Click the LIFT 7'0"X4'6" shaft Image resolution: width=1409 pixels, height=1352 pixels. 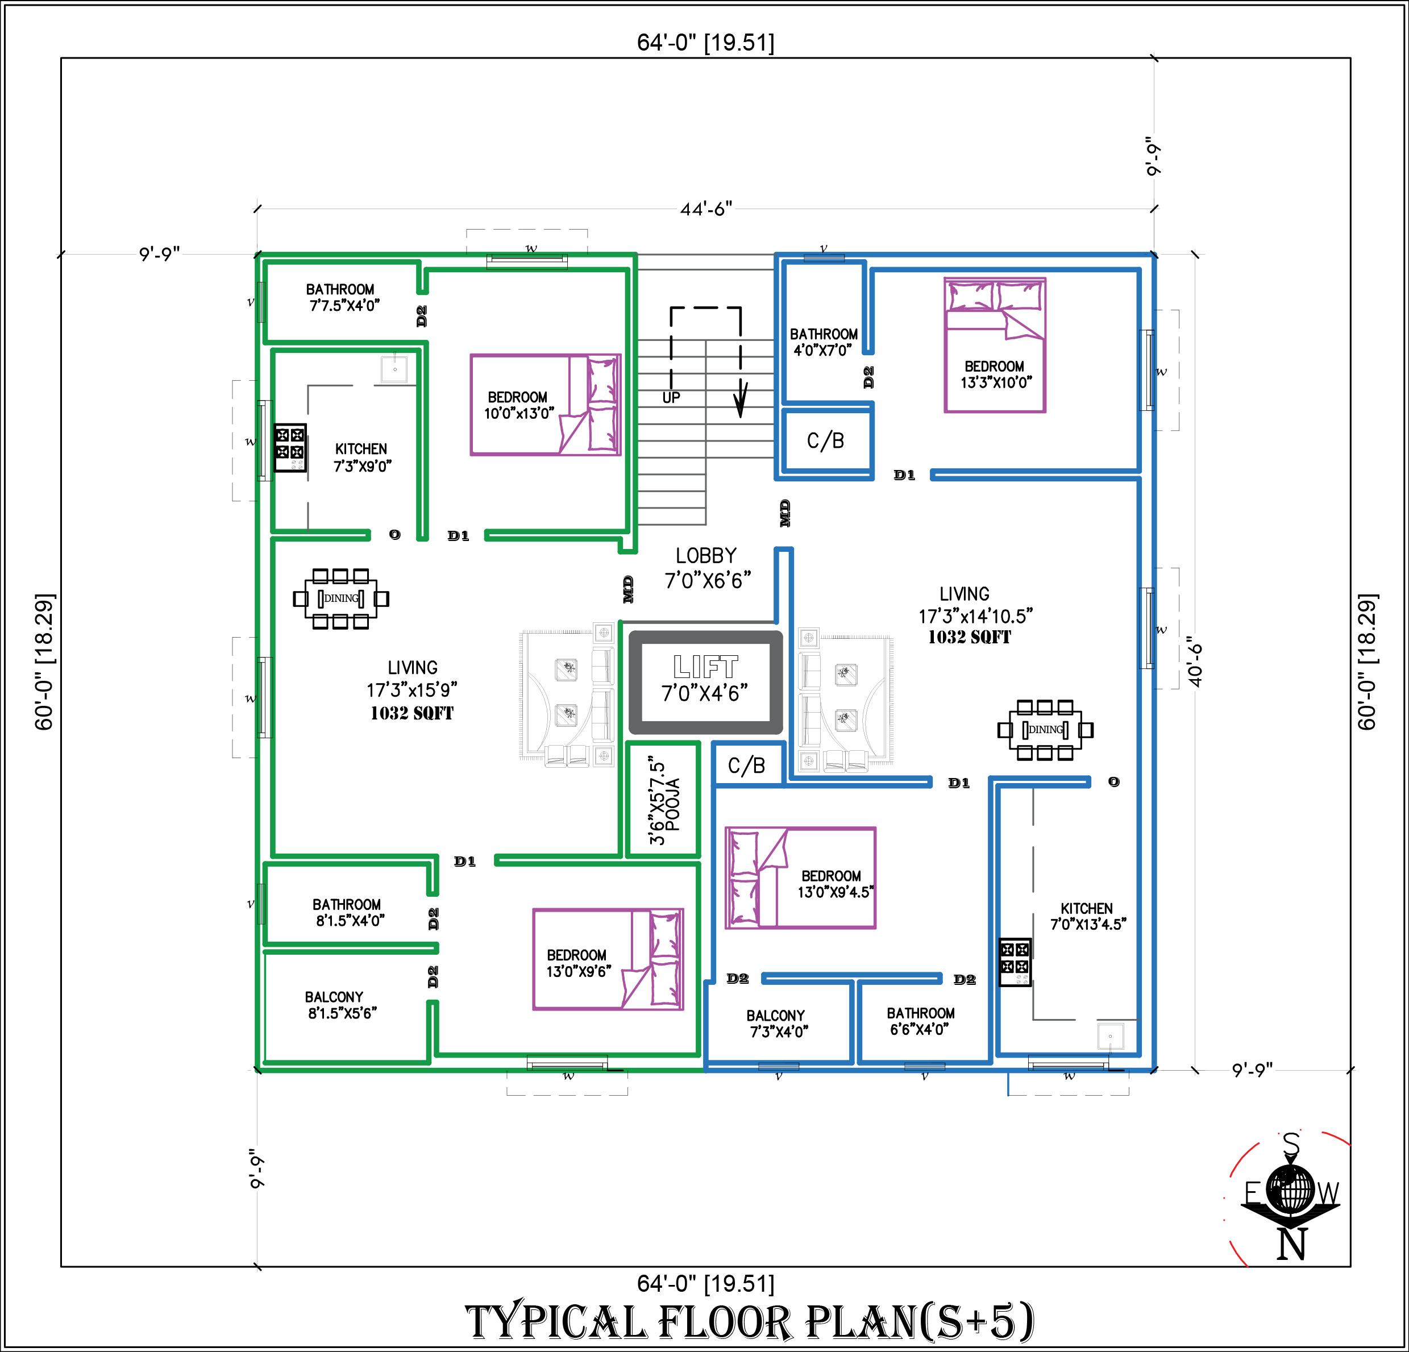[x=705, y=682]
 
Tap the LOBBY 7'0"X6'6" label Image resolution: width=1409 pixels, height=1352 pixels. [x=708, y=568]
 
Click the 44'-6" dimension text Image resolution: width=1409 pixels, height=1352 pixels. [x=706, y=209]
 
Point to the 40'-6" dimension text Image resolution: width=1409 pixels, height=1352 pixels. [x=1195, y=662]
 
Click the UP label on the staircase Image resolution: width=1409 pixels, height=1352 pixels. [x=671, y=397]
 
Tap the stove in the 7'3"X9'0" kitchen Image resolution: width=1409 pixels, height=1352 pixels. [x=290, y=447]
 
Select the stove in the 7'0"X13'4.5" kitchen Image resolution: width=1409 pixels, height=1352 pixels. [x=1015, y=962]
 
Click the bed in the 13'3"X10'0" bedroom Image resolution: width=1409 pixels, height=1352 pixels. [x=994, y=345]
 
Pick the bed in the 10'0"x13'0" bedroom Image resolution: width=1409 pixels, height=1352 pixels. [x=546, y=405]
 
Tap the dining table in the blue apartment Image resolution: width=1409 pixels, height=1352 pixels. [x=1045, y=730]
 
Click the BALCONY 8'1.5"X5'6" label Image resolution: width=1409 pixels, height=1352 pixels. [x=342, y=1005]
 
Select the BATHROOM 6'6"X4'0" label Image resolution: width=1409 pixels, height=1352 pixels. [x=920, y=1021]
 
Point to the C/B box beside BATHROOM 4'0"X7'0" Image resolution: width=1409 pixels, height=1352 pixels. [x=826, y=440]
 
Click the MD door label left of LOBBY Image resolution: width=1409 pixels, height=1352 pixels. [x=627, y=589]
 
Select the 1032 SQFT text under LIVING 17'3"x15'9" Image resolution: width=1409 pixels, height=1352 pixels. [x=412, y=713]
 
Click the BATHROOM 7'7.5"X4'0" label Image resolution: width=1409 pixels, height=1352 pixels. [x=342, y=297]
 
